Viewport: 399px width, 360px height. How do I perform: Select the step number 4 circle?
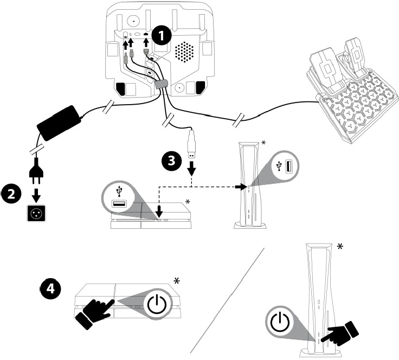(50, 290)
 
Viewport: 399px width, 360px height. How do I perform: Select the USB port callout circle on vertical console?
(284, 167)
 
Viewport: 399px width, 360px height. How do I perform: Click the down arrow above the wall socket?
(36, 194)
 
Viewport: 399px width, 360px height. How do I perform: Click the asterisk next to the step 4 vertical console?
(340, 247)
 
